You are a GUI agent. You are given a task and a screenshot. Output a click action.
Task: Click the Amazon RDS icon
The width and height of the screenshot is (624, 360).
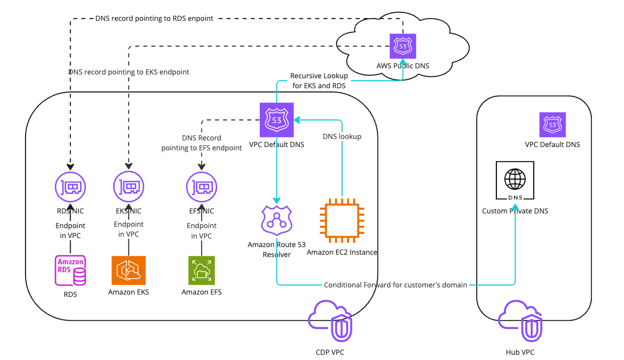(x=71, y=271)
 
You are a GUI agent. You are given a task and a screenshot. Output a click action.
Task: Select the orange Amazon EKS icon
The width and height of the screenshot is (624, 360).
(x=128, y=270)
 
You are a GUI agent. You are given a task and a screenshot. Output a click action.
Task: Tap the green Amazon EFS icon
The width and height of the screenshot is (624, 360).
(x=202, y=270)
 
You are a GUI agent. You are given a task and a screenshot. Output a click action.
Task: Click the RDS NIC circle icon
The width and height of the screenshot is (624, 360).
(x=70, y=187)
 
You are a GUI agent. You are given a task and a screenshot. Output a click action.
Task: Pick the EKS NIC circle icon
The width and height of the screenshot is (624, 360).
(x=128, y=187)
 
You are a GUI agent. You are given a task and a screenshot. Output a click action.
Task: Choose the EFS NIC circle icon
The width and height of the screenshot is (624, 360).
(x=202, y=187)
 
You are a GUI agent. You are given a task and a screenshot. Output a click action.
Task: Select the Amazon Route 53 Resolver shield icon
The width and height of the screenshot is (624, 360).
(x=277, y=221)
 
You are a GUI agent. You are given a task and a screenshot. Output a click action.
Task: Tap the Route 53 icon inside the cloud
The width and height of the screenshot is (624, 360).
(x=403, y=46)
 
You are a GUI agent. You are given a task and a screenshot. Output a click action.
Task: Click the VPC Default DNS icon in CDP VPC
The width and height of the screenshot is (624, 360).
(x=276, y=120)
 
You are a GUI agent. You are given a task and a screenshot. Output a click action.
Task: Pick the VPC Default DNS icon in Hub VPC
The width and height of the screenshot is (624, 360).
(x=552, y=125)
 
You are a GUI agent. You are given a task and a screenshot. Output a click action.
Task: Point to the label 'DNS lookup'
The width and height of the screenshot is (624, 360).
(x=342, y=137)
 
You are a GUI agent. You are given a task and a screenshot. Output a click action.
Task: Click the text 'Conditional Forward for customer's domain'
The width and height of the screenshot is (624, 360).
(x=395, y=285)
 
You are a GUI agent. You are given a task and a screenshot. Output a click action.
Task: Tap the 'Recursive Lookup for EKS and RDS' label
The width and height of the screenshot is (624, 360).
(x=319, y=81)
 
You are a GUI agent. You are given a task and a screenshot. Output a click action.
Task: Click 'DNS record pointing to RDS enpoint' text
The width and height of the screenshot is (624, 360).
(x=154, y=18)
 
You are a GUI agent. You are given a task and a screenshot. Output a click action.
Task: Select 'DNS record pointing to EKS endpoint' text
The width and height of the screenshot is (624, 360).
(x=128, y=72)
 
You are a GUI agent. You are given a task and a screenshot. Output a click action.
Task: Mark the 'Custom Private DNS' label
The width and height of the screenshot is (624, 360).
(x=515, y=211)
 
